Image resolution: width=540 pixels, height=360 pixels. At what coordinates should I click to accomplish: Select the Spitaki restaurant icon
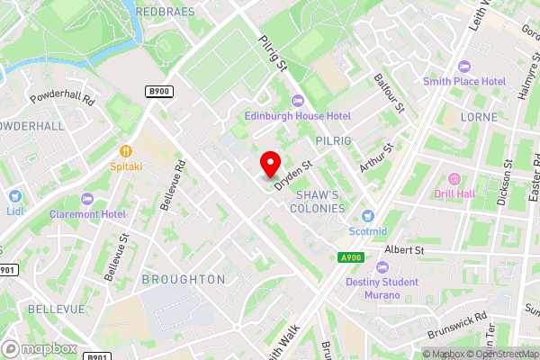pos(126,149)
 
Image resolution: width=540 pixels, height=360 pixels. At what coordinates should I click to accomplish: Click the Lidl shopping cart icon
pos(13,196)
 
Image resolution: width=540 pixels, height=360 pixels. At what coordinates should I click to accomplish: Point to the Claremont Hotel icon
pos(87,198)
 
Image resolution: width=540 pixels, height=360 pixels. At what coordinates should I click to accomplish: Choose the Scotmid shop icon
pos(367,215)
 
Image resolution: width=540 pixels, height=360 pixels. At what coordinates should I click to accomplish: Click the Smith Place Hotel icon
pos(464,66)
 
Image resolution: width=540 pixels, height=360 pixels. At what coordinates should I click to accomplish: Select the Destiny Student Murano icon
pos(382,266)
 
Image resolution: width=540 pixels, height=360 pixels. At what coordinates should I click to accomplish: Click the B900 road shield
pos(158,91)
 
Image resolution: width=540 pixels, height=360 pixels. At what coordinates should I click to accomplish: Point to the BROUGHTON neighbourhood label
pos(184,279)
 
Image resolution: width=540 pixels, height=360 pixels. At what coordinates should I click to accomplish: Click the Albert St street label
pos(403,248)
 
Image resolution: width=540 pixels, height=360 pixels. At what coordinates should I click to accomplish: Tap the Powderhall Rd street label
pos(62,99)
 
